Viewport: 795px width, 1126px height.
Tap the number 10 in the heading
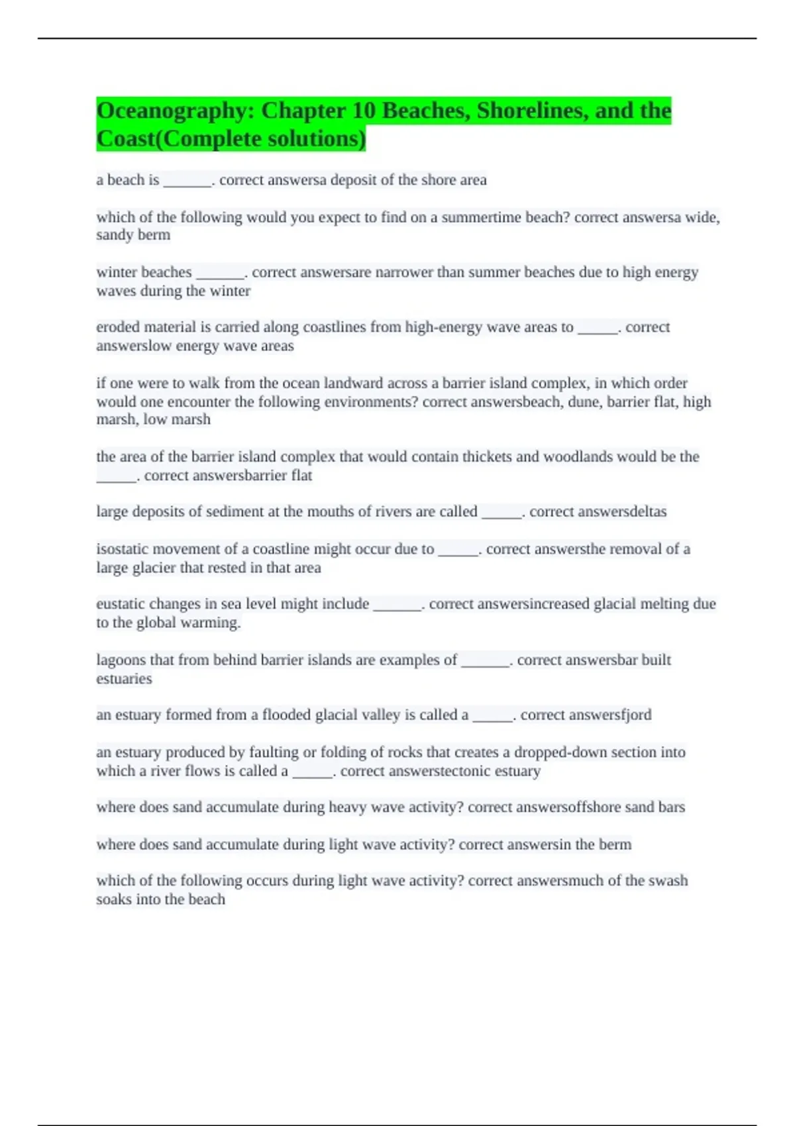coord(364,111)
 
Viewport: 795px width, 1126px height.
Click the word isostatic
coord(122,549)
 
